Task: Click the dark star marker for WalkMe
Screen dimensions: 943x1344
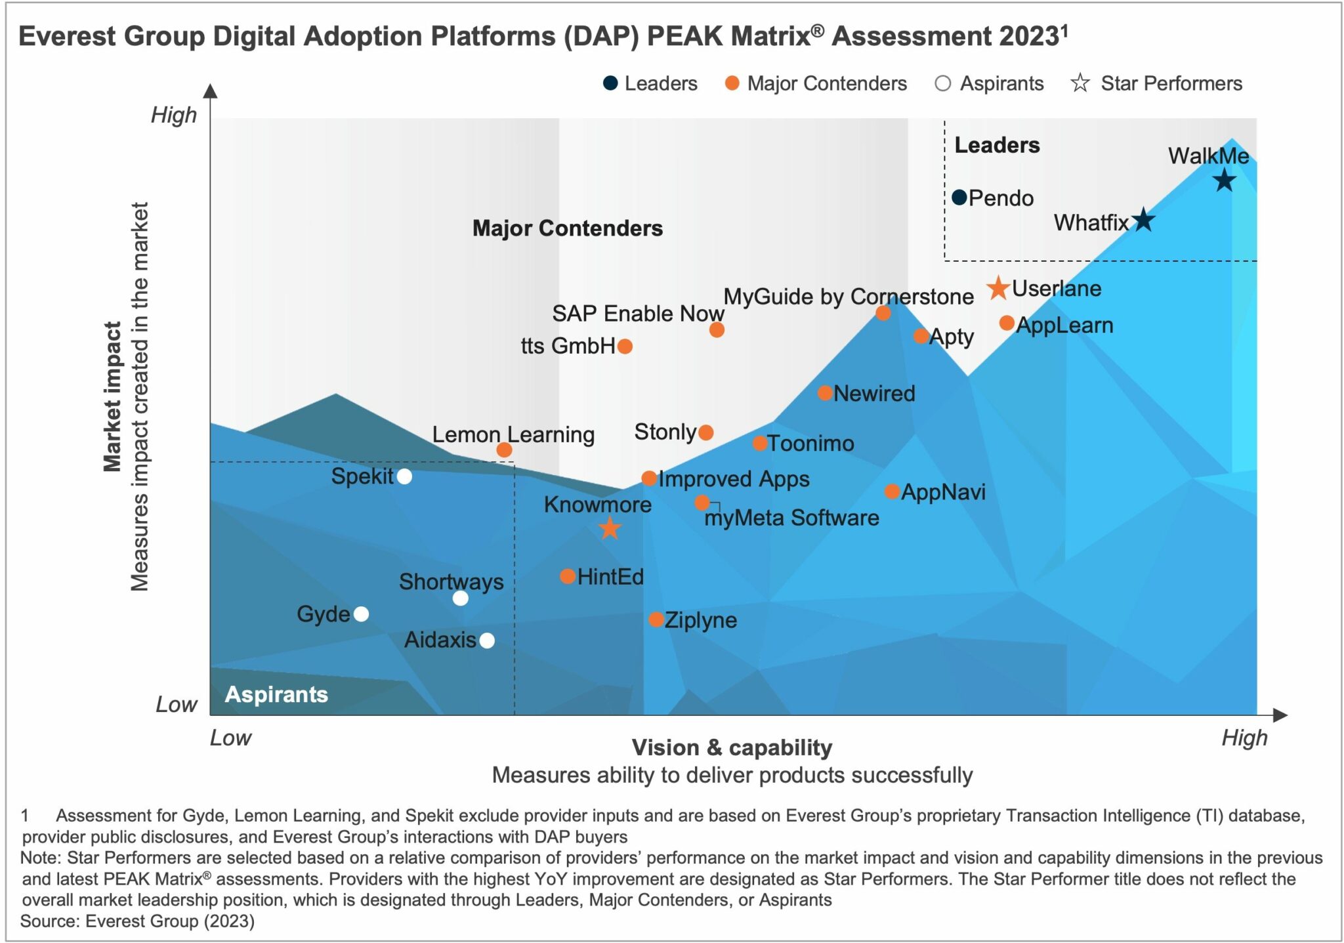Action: pyautogui.click(x=1223, y=180)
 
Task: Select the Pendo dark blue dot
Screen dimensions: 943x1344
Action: pyautogui.click(x=959, y=197)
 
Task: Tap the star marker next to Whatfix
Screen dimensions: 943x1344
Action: pyautogui.click(x=1143, y=220)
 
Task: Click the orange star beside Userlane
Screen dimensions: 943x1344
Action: pyautogui.click(x=997, y=287)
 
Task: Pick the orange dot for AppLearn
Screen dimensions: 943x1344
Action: pyautogui.click(x=1006, y=323)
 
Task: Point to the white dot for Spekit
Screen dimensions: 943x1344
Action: pyautogui.click(x=404, y=476)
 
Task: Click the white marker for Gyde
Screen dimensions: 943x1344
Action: pyautogui.click(x=361, y=614)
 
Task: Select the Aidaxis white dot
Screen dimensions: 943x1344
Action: pyautogui.click(x=486, y=640)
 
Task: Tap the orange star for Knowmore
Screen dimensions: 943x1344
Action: pyautogui.click(x=610, y=528)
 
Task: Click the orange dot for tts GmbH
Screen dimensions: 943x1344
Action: pyautogui.click(x=625, y=346)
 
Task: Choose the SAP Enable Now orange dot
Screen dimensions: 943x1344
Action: pyautogui.click(x=717, y=330)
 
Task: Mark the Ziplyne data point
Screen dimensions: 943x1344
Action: pyautogui.click(x=656, y=619)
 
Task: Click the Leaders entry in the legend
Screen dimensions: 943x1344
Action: pyautogui.click(x=650, y=83)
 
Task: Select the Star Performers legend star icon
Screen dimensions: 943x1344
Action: pyautogui.click(x=1080, y=83)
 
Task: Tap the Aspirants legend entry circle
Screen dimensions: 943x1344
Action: pyautogui.click(x=942, y=83)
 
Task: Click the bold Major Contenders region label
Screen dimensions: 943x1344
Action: pyautogui.click(x=567, y=228)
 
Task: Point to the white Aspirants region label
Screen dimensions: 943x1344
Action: pyautogui.click(x=276, y=694)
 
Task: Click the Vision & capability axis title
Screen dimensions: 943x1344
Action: pyautogui.click(x=731, y=747)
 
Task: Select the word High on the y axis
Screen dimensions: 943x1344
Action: pyautogui.click(x=174, y=115)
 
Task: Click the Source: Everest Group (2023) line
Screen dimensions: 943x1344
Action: pyautogui.click(x=137, y=921)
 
